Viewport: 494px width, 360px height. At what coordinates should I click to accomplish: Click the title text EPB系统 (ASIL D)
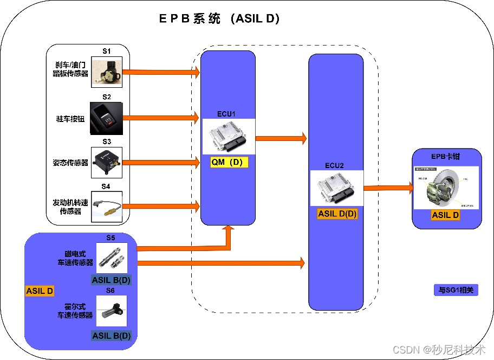tap(219, 18)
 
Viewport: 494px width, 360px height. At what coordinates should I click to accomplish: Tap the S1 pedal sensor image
tap(106, 72)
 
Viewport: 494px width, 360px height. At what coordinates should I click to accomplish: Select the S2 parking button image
tap(106, 117)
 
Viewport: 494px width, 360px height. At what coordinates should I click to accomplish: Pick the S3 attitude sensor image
tap(107, 162)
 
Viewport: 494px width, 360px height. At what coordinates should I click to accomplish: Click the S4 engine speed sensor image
tap(107, 206)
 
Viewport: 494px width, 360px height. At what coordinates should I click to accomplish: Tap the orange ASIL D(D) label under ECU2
tap(337, 214)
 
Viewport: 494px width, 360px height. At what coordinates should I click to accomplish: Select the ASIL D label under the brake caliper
tap(446, 215)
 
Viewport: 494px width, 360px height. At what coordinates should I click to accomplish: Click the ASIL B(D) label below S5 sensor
tap(112, 280)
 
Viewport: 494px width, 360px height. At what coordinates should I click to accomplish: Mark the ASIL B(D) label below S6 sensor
tap(112, 335)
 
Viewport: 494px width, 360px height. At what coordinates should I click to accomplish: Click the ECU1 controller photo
tap(229, 137)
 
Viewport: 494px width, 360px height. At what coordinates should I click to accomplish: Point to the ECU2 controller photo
tap(336, 188)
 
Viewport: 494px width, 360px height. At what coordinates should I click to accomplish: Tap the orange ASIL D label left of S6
tap(40, 291)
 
